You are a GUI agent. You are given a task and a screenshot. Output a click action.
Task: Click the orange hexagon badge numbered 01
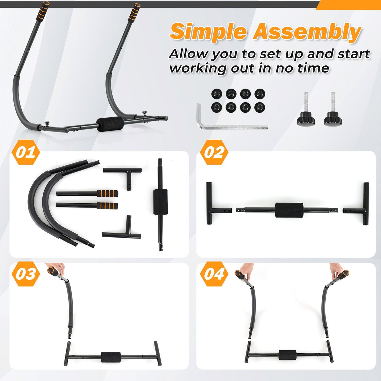(x=26, y=152)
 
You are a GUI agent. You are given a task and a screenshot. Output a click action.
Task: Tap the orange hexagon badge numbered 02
(x=214, y=152)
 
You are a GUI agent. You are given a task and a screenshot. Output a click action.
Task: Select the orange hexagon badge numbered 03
(x=26, y=274)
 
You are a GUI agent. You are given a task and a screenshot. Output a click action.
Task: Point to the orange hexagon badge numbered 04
(x=214, y=274)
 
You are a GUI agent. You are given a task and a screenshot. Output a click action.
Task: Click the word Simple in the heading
(x=208, y=32)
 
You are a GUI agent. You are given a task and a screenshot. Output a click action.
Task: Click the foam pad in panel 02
(x=289, y=210)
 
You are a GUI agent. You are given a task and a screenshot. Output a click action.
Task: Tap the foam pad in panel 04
(x=287, y=355)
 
